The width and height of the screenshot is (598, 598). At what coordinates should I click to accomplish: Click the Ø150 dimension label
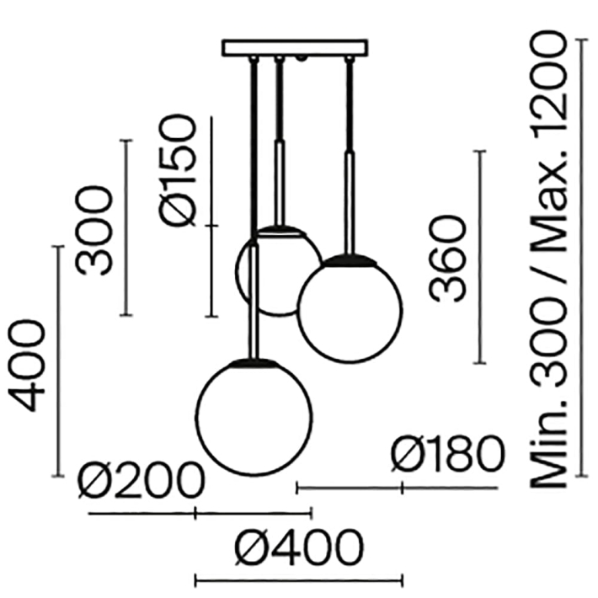click(x=180, y=172)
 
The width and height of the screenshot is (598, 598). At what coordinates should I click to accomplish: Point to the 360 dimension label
click(x=447, y=258)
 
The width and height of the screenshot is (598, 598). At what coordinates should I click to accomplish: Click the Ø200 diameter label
click(x=141, y=481)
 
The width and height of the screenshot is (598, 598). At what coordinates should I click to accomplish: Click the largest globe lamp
click(x=254, y=417)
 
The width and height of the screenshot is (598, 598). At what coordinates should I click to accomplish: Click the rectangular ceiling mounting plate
click(x=295, y=47)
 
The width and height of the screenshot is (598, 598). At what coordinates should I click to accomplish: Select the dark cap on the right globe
click(x=350, y=258)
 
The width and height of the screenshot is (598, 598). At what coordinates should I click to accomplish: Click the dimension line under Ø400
click(x=298, y=579)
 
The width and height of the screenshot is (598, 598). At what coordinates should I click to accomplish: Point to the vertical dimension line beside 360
click(x=480, y=257)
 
